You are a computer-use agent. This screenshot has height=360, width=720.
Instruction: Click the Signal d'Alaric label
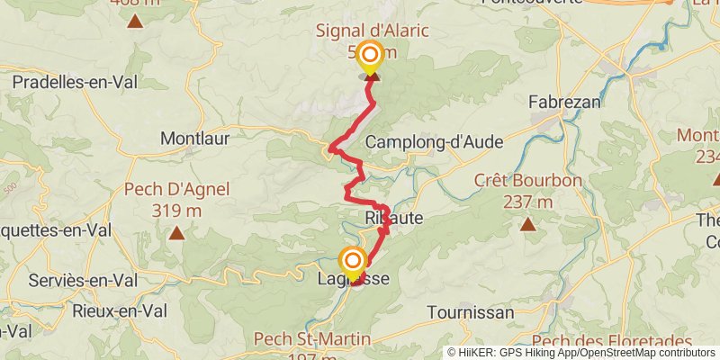[x=372, y=31]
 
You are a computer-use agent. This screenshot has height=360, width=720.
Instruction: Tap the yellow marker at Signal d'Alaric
[x=369, y=58]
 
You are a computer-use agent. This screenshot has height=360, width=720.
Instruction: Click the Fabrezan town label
[x=564, y=102]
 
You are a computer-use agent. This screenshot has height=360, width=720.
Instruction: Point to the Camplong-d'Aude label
[x=434, y=142]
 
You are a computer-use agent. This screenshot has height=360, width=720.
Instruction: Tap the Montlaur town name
[x=194, y=139]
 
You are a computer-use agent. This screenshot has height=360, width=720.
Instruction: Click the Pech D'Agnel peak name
[x=177, y=189]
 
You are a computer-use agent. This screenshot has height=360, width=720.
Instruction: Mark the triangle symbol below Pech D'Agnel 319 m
[x=177, y=234]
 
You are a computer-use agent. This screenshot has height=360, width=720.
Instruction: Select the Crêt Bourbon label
[x=527, y=180]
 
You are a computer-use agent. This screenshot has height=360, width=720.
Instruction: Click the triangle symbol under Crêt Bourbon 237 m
[x=528, y=225]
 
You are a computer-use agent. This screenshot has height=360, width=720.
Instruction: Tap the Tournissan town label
[x=471, y=312]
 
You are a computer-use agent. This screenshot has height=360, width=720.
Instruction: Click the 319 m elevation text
[x=177, y=210]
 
